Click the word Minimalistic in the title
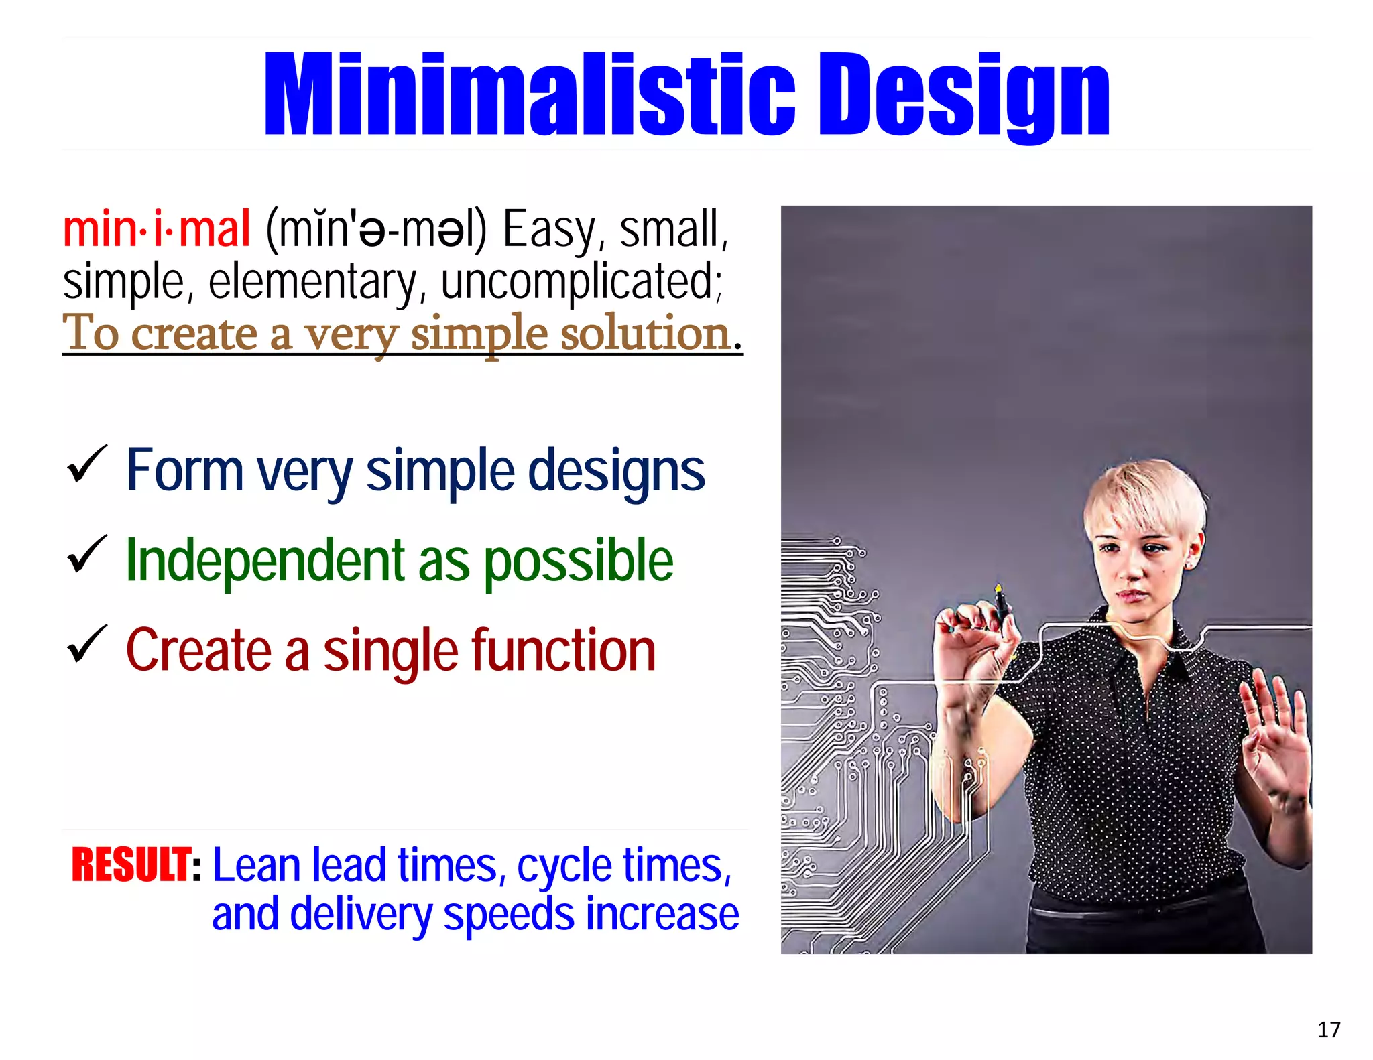click(530, 95)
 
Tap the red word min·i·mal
click(156, 229)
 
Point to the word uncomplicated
click(581, 281)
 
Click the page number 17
click(1328, 1030)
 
